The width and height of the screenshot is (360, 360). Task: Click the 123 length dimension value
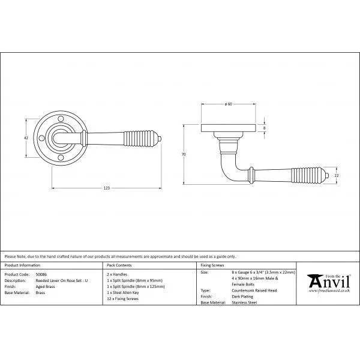point(106,188)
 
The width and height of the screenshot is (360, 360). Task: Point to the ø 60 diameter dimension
point(228,104)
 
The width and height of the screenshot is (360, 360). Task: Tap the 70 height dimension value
point(184,155)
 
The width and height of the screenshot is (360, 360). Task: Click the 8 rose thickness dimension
point(265,128)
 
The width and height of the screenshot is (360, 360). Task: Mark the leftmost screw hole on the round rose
point(42,142)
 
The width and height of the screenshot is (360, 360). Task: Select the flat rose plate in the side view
point(228,128)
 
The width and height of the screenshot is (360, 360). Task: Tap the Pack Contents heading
point(119,265)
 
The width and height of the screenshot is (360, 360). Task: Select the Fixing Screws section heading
point(212,265)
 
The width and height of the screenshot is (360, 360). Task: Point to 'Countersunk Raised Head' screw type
point(256,291)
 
